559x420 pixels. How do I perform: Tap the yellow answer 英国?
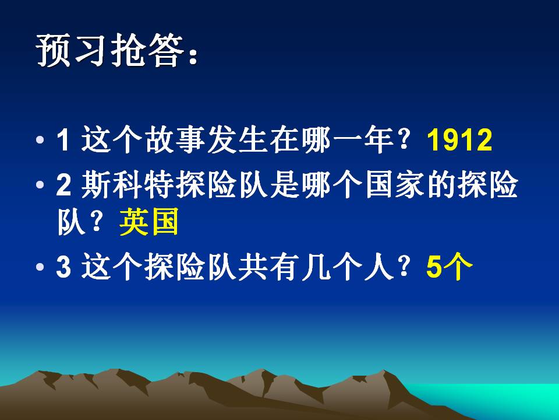click(148, 223)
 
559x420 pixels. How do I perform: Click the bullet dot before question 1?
click(40, 142)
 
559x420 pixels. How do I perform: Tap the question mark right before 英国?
click(101, 223)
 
